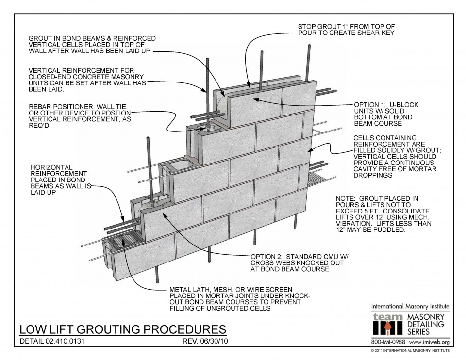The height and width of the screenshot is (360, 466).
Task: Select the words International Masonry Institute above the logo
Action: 410,306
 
